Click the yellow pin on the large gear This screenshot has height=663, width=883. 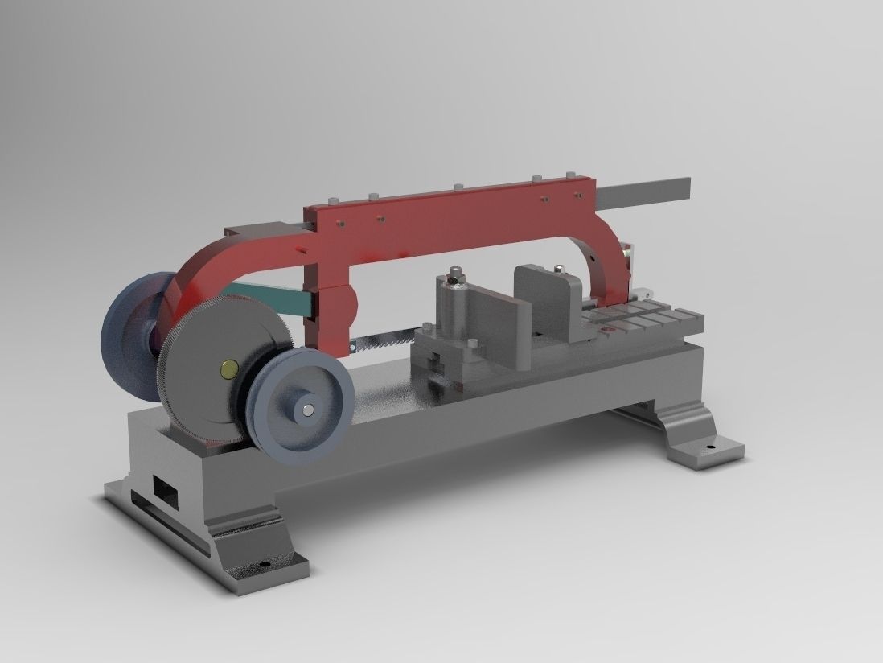pos(228,369)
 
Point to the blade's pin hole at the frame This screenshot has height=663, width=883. pos(351,346)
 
